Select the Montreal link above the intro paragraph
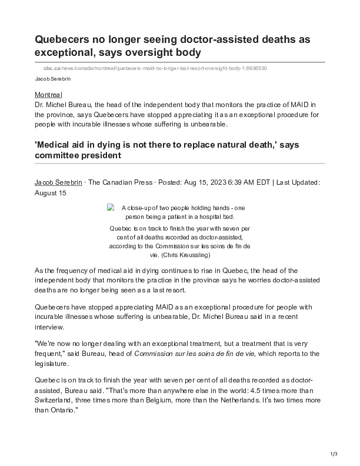pyautogui.click(x=49, y=95)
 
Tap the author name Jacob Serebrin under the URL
pyautogui.click(x=51, y=78)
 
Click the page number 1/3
pyautogui.click(x=334, y=453)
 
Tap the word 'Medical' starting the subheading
pyautogui.click(x=56, y=144)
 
